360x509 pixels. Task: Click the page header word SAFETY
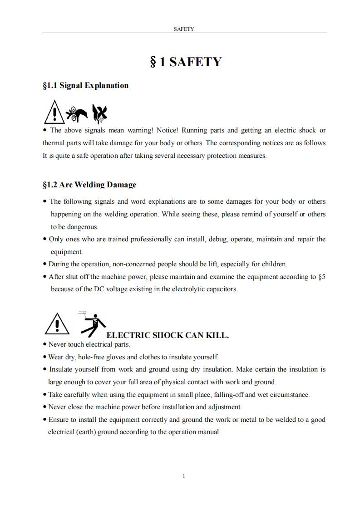[x=184, y=29]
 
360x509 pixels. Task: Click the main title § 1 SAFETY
[x=185, y=62]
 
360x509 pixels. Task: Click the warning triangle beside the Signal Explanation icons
[x=54, y=113]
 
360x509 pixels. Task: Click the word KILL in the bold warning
[x=217, y=336]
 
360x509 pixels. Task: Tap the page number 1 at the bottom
[x=183, y=476]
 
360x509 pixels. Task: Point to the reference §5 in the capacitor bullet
[x=322, y=277]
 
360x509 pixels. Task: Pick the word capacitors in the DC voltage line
[x=221, y=289]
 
